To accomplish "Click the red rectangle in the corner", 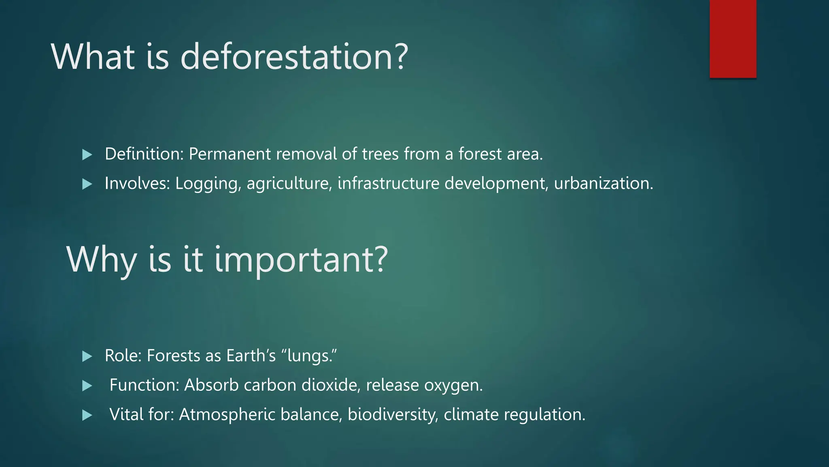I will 733,39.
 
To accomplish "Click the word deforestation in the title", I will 294,57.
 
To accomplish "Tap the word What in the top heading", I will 93,57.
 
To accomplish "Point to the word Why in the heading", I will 101,259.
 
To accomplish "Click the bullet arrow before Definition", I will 87,154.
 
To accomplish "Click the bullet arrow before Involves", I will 87,184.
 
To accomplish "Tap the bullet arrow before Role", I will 87,356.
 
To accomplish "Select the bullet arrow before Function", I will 87,386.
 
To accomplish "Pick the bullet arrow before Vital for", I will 87,415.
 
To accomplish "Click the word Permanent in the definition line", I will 230,154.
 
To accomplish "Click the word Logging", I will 208,184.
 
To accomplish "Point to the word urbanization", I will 603,184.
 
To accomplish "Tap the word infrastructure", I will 388,184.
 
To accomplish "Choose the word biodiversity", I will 393,415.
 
